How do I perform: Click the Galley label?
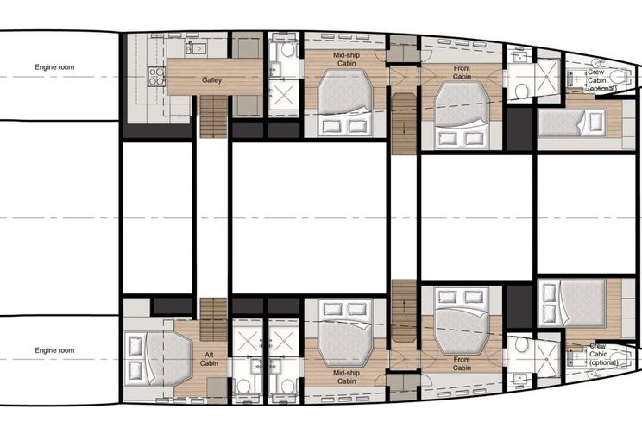pos(211,80)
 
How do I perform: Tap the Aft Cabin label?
pos(209,359)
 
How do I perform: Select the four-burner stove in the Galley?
pos(156,77)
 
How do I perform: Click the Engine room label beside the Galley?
pos(54,67)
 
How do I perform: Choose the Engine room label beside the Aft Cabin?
pos(54,350)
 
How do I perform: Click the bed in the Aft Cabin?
pos(159,359)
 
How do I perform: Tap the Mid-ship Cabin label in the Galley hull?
pos(346,59)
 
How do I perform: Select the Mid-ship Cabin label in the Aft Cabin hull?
pos(346,377)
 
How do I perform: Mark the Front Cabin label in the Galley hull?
pos(462,72)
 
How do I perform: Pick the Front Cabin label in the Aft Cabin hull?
pos(462,363)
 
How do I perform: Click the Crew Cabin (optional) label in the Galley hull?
pos(601,80)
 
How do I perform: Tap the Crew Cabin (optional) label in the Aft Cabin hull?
pos(603,355)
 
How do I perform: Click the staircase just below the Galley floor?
pos(213,116)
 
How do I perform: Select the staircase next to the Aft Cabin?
pos(213,319)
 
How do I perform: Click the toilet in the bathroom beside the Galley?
pos(288,50)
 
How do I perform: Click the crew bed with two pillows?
pos(572,304)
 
